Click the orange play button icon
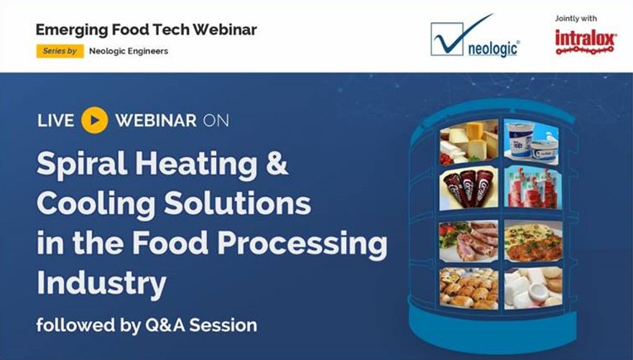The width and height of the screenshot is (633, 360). [94, 120]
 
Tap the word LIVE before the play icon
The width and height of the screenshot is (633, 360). [55, 120]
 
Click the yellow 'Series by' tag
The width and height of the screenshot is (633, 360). [60, 51]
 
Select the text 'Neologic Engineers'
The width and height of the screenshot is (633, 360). [129, 51]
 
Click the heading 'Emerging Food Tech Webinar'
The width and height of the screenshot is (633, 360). [146, 30]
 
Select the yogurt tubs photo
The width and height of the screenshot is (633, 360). [532, 141]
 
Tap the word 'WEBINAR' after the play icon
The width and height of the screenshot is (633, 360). [155, 120]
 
